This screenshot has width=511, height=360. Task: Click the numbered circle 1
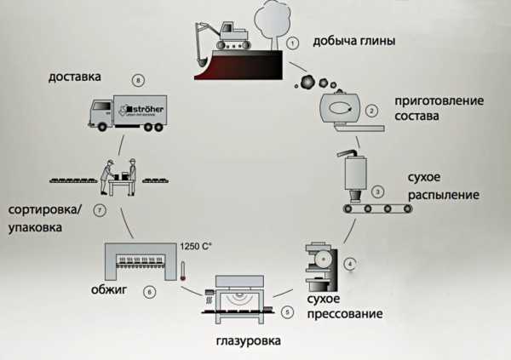(x=292, y=42)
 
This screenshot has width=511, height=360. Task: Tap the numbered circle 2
(x=370, y=110)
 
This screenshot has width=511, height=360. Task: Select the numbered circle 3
(x=379, y=191)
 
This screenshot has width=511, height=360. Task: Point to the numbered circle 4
(x=349, y=263)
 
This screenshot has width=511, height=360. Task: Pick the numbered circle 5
(x=288, y=312)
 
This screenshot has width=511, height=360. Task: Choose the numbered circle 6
(x=150, y=292)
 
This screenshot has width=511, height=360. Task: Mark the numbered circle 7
(x=100, y=210)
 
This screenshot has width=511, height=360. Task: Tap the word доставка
(x=76, y=77)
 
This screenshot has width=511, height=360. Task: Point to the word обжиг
(x=109, y=291)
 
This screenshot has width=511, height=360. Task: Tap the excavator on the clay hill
(x=222, y=36)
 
